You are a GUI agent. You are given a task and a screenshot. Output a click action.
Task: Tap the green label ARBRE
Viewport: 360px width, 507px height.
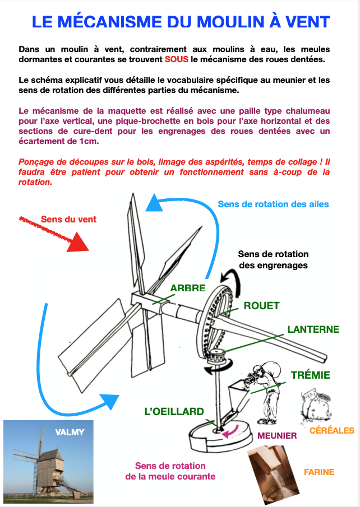click(188, 288)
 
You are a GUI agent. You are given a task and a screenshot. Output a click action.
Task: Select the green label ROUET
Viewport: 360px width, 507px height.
click(261, 306)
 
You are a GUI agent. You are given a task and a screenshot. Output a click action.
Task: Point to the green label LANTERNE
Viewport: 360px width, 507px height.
click(313, 329)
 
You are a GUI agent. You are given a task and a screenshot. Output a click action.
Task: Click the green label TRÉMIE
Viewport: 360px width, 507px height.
click(311, 375)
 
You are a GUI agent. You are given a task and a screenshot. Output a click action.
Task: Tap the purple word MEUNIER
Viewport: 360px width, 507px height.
click(277, 435)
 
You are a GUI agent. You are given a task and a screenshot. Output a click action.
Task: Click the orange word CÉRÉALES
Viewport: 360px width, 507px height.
click(332, 431)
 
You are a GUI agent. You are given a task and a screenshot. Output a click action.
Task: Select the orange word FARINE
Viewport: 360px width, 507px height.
click(319, 472)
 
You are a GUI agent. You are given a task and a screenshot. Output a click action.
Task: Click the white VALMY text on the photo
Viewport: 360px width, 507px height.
click(70, 432)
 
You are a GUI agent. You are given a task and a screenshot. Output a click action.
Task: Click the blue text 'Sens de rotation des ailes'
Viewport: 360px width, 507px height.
click(273, 204)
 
